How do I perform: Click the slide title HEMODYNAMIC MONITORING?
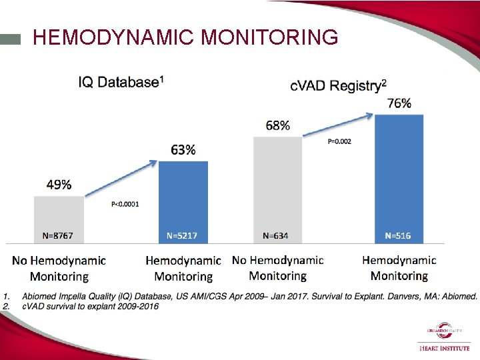[185, 37]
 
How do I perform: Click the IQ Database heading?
[121, 82]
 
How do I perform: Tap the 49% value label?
[59, 185]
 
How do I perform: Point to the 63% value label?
[183, 150]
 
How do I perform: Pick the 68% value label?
[277, 125]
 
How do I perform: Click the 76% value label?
[399, 103]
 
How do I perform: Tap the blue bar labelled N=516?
[399, 173]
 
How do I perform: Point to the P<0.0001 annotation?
[125, 205]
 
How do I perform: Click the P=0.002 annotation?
[339, 141]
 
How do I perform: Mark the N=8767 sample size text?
[59, 235]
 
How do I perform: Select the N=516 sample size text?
[398, 235]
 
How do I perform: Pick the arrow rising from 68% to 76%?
[337, 125]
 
